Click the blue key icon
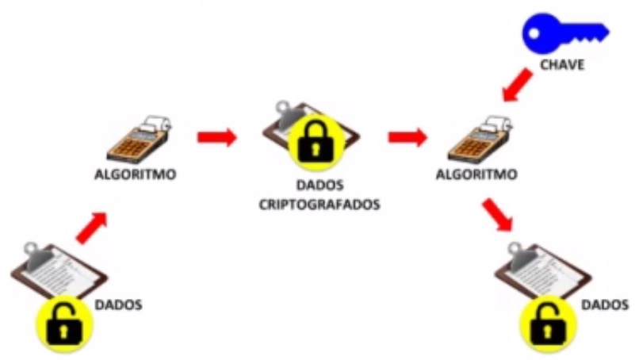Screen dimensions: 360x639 click(x=564, y=33)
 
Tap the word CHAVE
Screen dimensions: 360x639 click(x=562, y=65)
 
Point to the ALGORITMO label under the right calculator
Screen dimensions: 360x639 click(x=476, y=174)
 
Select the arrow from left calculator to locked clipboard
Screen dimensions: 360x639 click(x=216, y=137)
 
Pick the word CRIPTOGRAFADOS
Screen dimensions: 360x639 click(x=319, y=204)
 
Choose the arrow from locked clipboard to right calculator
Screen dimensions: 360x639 click(x=408, y=137)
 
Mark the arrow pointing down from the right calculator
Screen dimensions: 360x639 click(x=498, y=216)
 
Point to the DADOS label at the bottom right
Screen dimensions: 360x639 click(x=606, y=304)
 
